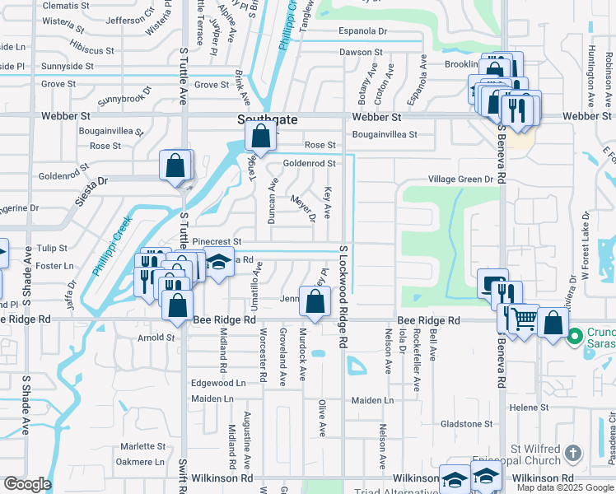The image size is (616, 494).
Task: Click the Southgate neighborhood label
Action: pyautogui.click(x=268, y=119)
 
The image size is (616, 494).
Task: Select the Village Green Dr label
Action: pyautogui.click(x=460, y=179)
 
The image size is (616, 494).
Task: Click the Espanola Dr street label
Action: pyautogui.click(x=363, y=31)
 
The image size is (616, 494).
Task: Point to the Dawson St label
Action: pyautogui.click(x=362, y=52)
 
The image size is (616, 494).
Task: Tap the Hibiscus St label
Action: pyautogui.click(x=92, y=50)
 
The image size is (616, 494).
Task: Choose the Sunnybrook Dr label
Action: pyautogui.click(x=125, y=96)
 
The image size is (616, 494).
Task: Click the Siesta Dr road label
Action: pyautogui.click(x=91, y=181)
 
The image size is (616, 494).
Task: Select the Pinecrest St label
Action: pyautogui.click(x=216, y=241)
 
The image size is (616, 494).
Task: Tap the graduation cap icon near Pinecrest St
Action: pyautogui.click(x=218, y=263)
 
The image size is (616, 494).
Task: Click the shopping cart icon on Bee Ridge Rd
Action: pyautogui.click(x=523, y=318)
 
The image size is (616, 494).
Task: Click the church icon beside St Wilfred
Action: pyautogui.click(x=573, y=454)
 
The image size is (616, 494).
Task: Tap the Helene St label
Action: pyautogui.click(x=529, y=408)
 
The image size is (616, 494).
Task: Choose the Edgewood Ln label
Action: pyautogui.click(x=218, y=383)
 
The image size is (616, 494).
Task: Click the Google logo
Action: pyautogui.click(x=27, y=484)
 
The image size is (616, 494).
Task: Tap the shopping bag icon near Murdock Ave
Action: pyautogui.click(x=315, y=301)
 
